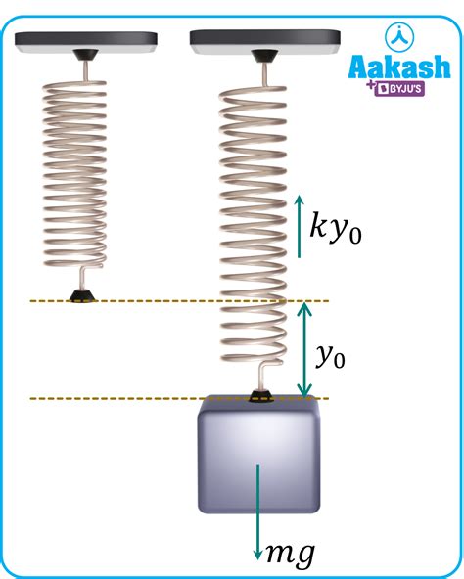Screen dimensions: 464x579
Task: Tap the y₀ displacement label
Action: [331, 356]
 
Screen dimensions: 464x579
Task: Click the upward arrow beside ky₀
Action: [300, 226]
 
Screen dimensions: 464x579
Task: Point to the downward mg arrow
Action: [257, 512]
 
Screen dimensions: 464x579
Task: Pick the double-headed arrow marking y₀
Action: [304, 350]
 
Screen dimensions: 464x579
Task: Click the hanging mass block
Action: [258, 454]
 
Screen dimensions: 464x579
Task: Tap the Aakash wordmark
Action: [399, 67]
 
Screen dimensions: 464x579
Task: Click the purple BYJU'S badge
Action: [399, 89]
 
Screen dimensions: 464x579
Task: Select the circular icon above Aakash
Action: [399, 36]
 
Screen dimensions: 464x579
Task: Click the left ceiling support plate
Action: [86, 42]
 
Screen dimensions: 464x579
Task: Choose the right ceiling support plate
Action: [264, 42]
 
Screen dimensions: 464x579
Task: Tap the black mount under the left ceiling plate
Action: [85, 55]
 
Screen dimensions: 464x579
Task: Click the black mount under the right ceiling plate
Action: [264, 56]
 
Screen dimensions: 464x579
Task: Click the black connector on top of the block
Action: [262, 396]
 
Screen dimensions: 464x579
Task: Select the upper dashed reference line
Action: [180, 301]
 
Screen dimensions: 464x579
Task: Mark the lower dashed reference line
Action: [180, 399]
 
